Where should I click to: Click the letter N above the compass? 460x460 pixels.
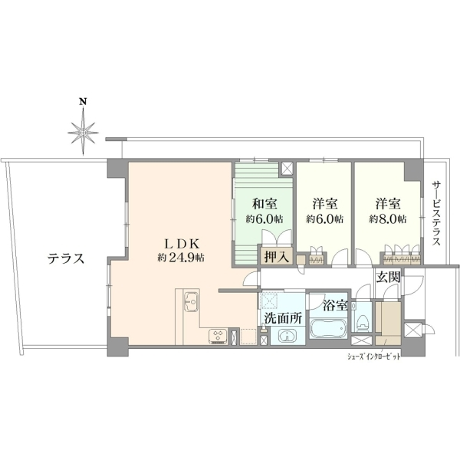84,102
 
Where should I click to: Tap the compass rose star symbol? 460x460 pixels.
84,132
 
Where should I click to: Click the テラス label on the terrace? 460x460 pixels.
66,259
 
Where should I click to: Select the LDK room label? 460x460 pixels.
182,244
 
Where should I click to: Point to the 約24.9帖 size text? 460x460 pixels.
181,258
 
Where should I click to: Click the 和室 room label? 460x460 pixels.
265,204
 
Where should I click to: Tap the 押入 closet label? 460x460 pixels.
276,257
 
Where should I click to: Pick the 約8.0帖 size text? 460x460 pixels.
388,219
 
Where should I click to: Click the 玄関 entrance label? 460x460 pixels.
389,277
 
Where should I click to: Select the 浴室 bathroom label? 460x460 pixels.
335,305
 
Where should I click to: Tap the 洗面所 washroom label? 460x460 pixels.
283,318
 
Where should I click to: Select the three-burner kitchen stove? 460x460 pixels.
218,337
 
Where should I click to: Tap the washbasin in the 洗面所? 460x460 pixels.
287,335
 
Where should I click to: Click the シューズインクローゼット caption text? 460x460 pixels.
374,357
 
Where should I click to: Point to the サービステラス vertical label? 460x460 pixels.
436,212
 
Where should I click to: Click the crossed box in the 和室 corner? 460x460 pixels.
287,169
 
